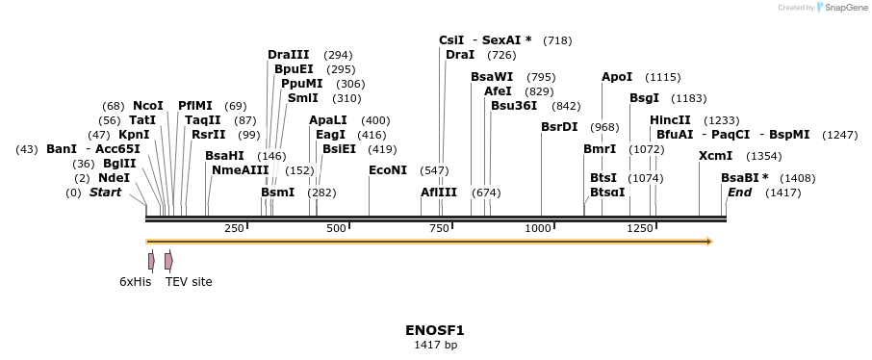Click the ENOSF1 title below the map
[434, 330]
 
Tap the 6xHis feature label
[135, 282]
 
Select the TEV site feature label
[189, 282]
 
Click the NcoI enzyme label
[148, 106]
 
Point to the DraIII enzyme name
[289, 55]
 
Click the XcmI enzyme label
[715, 156]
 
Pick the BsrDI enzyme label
[559, 127]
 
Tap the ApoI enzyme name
[617, 77]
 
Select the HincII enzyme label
[670, 120]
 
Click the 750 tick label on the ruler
[439, 228]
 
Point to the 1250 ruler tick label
[640, 228]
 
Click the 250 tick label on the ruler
[234, 228]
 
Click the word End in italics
[739, 193]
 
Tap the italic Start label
[105, 193]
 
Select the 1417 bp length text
[434, 345]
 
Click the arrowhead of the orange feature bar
[708, 242]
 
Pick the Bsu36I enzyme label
[514, 106]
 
